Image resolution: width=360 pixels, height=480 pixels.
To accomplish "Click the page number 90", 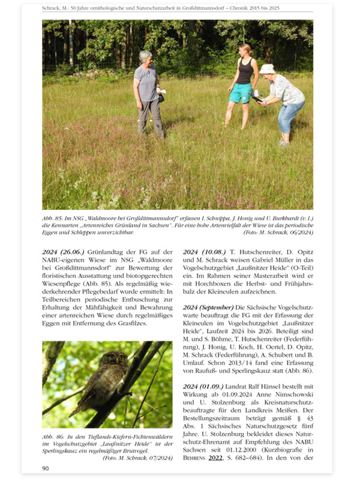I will (x=46, y=467).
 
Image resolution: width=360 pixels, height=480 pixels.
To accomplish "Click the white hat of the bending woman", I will (x=266, y=69).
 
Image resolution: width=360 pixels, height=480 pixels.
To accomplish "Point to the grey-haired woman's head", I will (x=146, y=57).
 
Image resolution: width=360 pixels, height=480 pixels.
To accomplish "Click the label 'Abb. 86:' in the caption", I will (x=52, y=435).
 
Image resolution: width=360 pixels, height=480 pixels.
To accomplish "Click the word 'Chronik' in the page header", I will (x=257, y=7).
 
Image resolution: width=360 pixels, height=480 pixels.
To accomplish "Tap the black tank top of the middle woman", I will (x=244, y=71).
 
